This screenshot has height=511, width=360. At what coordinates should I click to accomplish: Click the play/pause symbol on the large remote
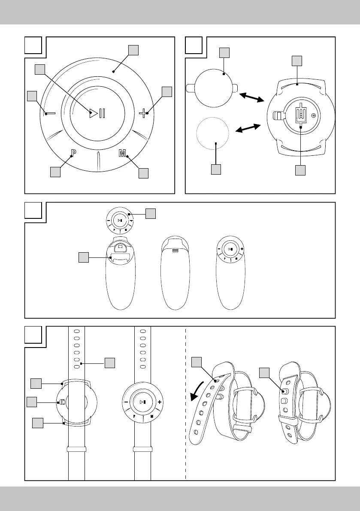[x=97, y=114]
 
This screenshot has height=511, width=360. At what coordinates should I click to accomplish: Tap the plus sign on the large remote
[x=143, y=113]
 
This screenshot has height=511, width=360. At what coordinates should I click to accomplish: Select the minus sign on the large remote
[x=49, y=114]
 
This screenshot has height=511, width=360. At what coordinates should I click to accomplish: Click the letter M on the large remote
[x=122, y=154]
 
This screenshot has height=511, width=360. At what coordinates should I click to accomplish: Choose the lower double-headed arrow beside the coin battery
[x=248, y=128]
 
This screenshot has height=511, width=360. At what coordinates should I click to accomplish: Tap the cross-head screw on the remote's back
[x=314, y=115]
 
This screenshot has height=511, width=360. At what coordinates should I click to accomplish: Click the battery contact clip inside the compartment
[x=301, y=115]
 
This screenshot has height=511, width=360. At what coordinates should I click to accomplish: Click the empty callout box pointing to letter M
[x=143, y=173]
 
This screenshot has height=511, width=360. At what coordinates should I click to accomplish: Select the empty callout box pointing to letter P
[x=55, y=172]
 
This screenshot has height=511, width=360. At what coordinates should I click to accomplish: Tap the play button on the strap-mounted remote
[x=143, y=402]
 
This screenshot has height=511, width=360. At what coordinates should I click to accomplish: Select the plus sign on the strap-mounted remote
[x=160, y=402]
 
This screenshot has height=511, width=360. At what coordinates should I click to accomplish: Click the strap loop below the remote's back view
[x=77, y=449]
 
